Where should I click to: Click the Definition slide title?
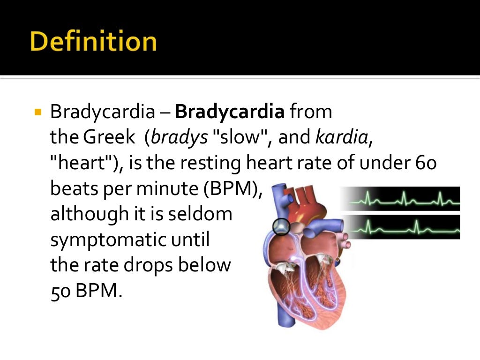tap(93, 41)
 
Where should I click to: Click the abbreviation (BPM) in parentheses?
tap(234, 189)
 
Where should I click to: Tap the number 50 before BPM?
tap(60, 291)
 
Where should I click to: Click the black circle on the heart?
tap(281, 227)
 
